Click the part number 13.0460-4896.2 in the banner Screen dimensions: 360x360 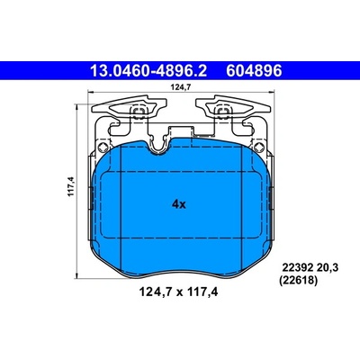pos(148,71)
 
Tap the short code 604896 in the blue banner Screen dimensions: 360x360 pos(254,71)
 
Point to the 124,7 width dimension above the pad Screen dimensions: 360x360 pos(181,87)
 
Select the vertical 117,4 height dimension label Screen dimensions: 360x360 pos(71,186)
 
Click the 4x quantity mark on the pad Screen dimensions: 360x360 pos(179,204)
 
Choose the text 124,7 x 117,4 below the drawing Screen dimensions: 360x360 pos(178,292)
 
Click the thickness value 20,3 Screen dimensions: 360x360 pos(328,268)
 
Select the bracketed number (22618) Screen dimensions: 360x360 pos(298,281)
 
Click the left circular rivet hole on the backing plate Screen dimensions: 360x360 pos(103,147)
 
